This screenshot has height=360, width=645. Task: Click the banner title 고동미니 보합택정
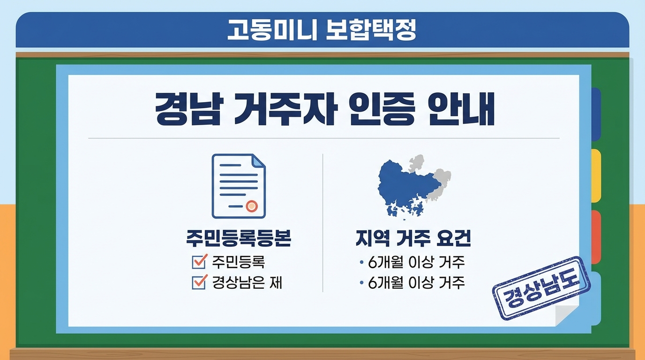coord(322,30)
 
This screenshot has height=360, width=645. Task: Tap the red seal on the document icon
coord(252,205)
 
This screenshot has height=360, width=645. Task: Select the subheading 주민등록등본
coord(239,239)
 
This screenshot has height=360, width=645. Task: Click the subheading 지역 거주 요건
coord(413,239)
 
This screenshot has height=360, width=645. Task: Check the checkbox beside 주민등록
coord(200,262)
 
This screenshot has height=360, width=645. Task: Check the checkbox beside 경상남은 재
coord(200,282)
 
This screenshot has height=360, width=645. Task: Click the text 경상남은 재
coord(247,283)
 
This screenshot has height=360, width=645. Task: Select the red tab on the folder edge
coord(595,237)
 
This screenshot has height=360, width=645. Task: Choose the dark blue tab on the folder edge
coord(595,114)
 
